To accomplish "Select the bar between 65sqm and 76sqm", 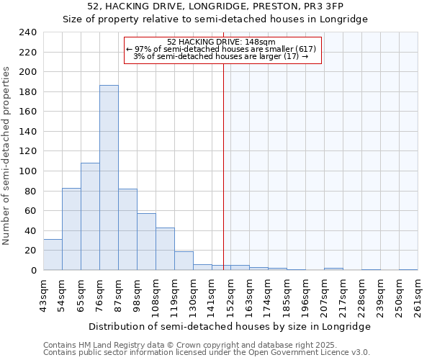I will click(90, 217).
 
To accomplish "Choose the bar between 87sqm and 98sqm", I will click(127, 230).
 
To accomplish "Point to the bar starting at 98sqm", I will click(146, 242).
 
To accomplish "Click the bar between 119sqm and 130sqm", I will click(184, 261).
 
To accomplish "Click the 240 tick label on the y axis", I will click(27, 32).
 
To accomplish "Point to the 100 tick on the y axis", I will click(27, 171).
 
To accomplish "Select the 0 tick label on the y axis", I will click(33, 270).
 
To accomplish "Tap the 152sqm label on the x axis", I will click(230, 294).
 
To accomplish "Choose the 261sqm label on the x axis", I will click(418, 294).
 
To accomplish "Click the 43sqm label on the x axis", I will click(43, 294).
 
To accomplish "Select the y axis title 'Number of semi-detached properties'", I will click(7, 156).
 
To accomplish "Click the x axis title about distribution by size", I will click(229, 326).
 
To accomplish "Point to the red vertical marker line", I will click(223, 180).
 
